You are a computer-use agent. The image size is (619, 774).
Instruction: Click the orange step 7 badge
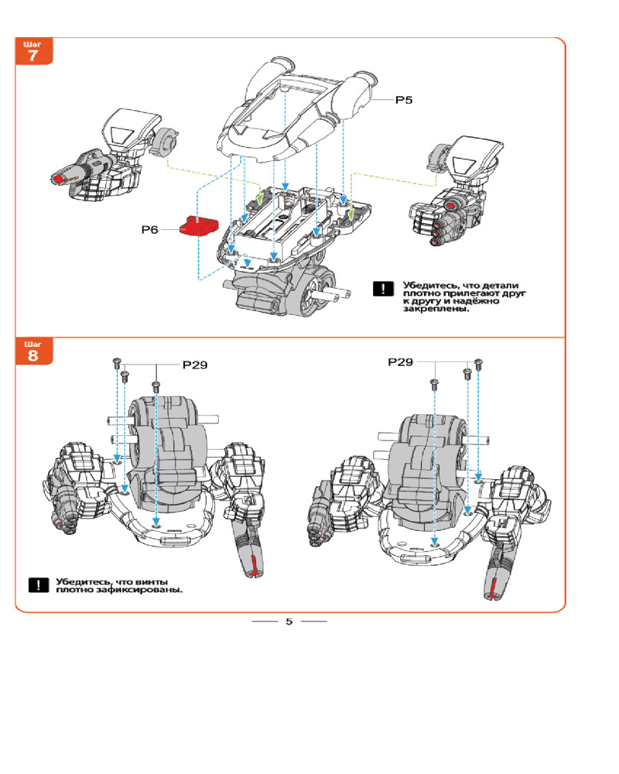pos(32,52)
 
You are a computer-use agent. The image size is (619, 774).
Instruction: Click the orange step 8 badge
pos(32,352)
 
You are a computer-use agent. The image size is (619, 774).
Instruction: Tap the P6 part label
pos(151,230)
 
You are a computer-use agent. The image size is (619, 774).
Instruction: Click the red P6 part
pos(197,228)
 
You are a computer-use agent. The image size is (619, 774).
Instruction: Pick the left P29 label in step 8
pos(195,364)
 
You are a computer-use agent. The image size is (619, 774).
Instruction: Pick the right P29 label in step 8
pos(401,362)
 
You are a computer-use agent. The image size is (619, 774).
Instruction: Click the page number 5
pos(289,622)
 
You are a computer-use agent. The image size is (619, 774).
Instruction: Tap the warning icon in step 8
pos(38,585)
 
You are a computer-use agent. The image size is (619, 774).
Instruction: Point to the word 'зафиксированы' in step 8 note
pos(139,590)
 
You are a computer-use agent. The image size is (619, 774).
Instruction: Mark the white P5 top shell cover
pos(294,108)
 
